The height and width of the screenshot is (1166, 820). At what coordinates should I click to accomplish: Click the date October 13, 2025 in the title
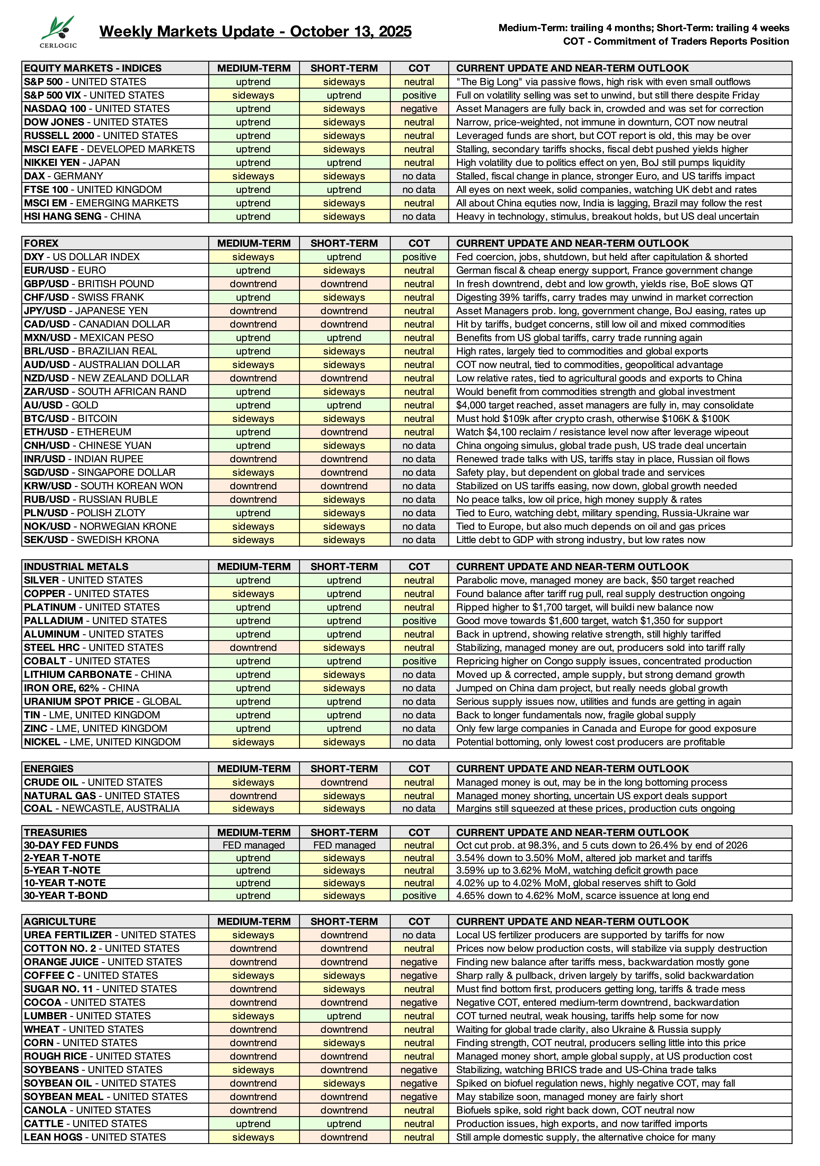[351, 32]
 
